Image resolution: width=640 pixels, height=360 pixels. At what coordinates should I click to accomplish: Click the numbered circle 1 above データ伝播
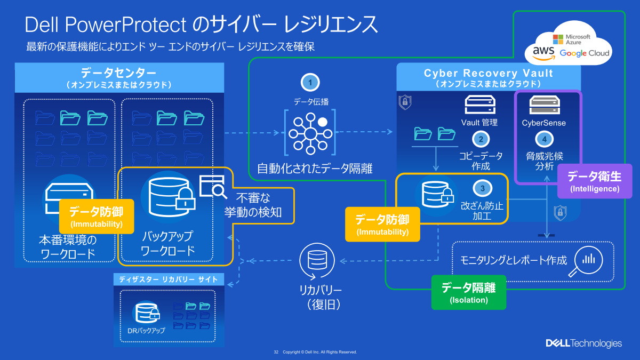[310, 82]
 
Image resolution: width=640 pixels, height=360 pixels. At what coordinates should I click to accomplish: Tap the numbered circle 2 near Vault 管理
[481, 140]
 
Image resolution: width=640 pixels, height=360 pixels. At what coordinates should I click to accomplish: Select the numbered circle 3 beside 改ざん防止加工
[482, 188]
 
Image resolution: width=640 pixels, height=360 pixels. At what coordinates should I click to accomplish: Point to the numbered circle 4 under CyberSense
[544, 140]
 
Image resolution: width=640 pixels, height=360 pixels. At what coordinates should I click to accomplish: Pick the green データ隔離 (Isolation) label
[468, 292]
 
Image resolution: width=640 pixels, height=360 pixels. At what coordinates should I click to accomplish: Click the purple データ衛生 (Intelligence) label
[595, 181]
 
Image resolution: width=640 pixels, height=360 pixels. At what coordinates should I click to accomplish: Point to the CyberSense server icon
[544, 105]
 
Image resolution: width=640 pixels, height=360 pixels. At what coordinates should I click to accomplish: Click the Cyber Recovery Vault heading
[488, 74]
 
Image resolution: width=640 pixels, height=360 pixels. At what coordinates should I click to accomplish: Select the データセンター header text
[118, 73]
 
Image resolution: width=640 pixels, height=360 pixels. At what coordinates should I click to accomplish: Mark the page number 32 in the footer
[276, 353]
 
